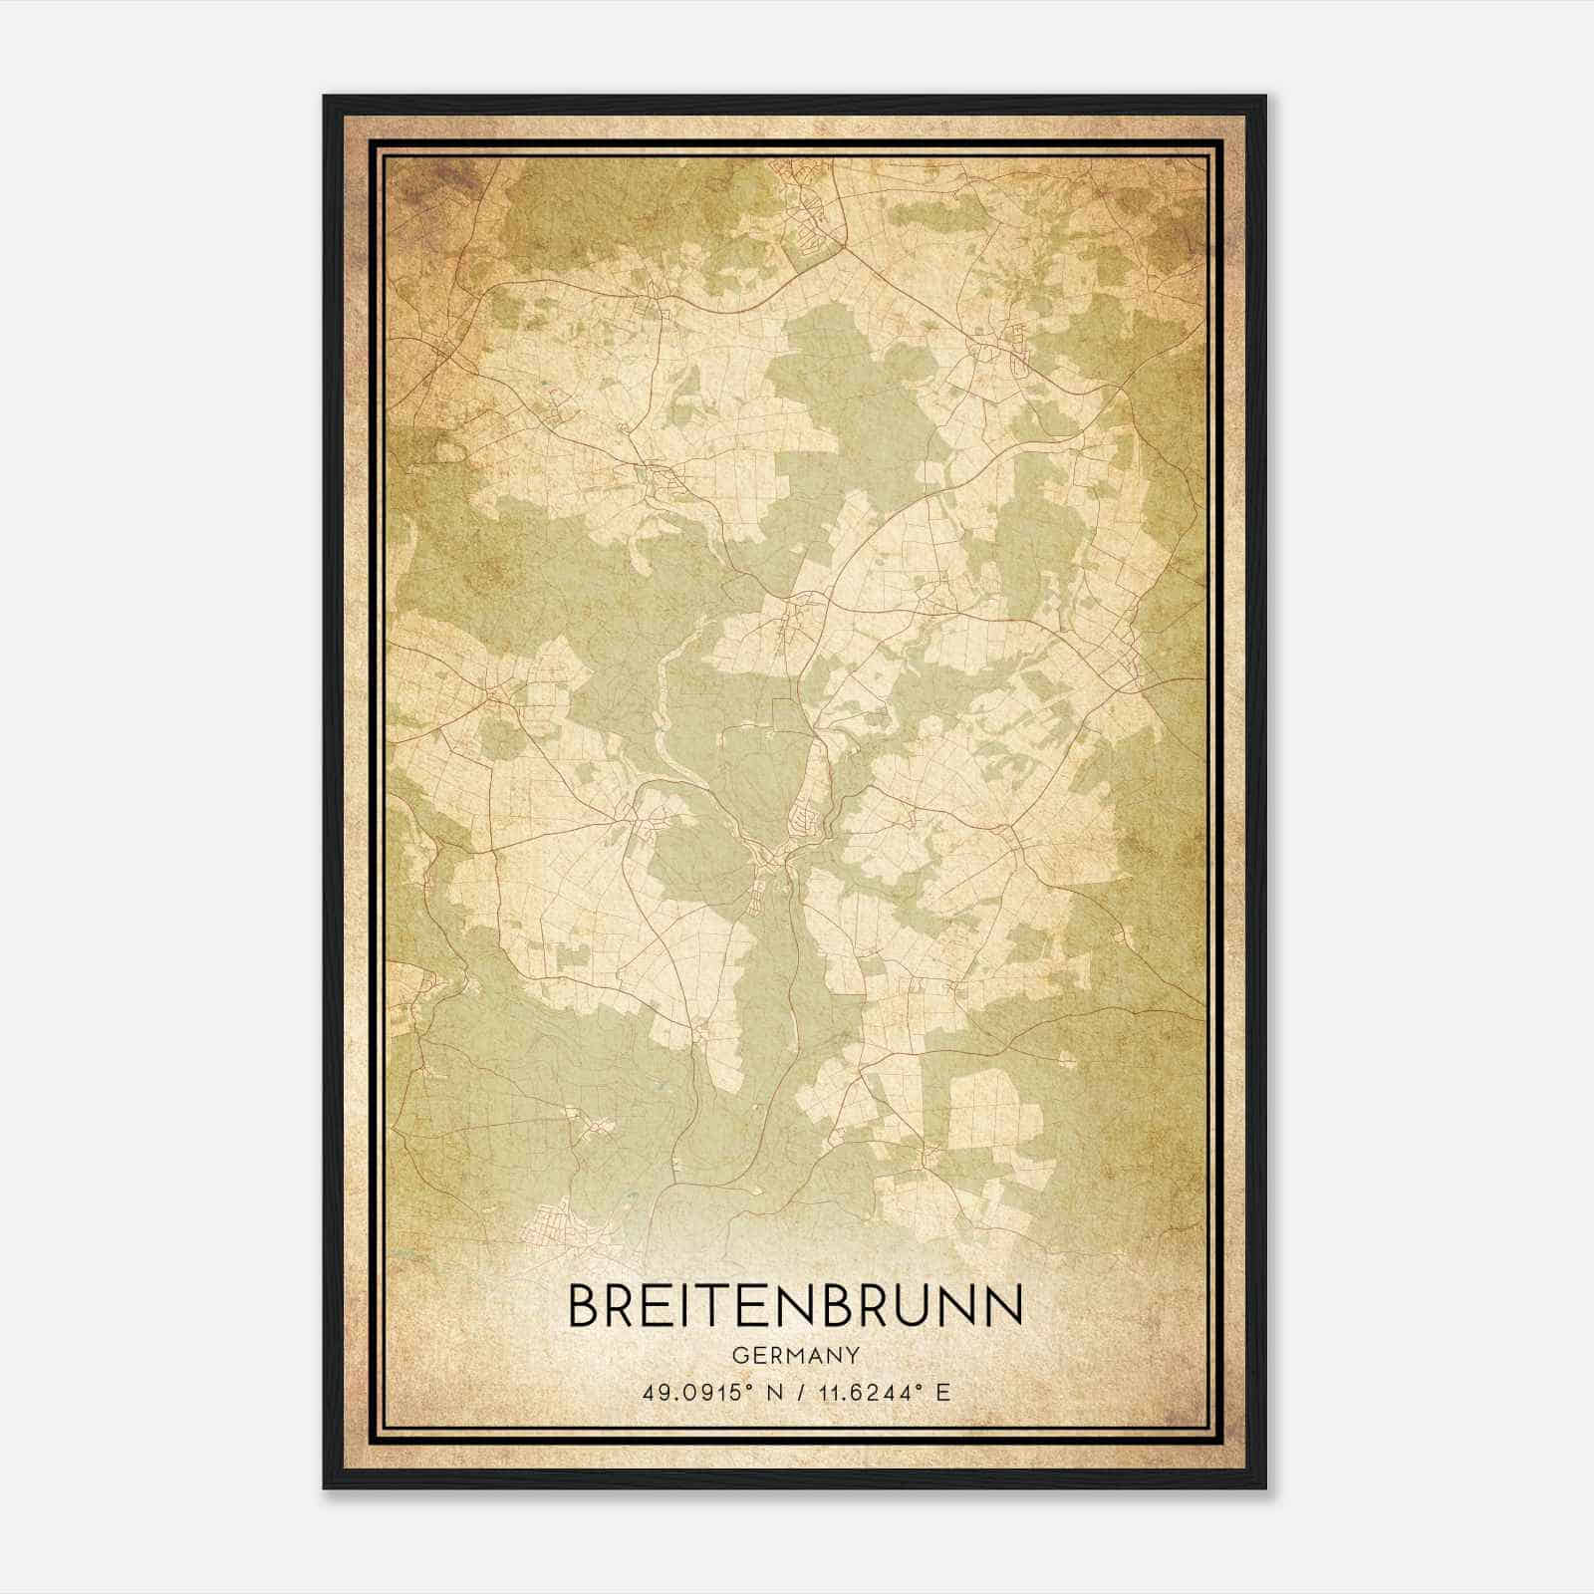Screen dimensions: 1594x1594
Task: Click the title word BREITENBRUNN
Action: coord(795,1306)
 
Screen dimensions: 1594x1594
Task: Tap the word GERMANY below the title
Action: coord(795,1356)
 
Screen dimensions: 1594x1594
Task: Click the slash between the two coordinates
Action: coord(799,1392)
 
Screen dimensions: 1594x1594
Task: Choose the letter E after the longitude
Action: coord(943,1392)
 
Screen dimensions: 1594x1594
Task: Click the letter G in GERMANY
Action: coord(738,1356)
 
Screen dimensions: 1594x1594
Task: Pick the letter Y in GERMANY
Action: coord(853,1356)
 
